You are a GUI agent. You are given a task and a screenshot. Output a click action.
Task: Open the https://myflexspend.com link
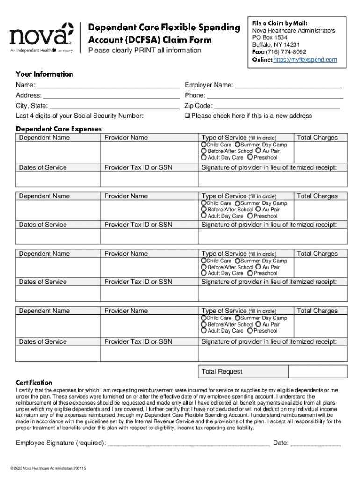point(305,60)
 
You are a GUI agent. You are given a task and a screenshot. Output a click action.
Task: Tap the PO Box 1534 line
point(270,38)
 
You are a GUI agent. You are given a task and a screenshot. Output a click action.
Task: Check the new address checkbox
point(187,116)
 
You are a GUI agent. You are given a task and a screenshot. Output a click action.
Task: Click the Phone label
point(195,95)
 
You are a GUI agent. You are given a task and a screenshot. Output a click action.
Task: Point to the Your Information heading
point(44,74)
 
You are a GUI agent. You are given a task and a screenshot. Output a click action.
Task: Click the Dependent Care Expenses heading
point(59,129)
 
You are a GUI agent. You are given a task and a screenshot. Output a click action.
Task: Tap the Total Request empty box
point(318,371)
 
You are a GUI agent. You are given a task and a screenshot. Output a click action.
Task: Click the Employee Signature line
point(188,443)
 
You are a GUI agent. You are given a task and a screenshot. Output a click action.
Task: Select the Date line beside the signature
point(316,443)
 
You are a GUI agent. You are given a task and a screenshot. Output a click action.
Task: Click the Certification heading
point(34,382)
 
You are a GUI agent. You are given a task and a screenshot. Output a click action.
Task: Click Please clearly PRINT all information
point(145,51)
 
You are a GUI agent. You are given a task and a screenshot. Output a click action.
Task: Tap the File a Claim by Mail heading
point(280,23)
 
